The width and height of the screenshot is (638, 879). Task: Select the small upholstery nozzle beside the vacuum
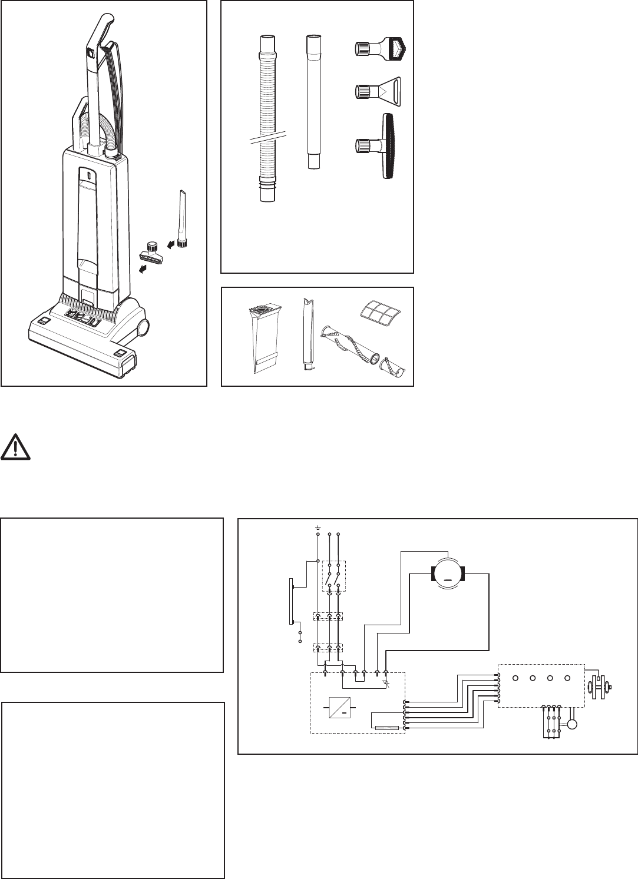pos(151,253)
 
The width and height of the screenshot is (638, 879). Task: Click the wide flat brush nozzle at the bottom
pos(381,145)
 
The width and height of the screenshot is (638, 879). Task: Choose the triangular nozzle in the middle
pos(378,91)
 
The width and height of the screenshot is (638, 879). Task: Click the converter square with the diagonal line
pos(339,706)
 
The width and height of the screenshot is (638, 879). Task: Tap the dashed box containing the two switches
pos(333,575)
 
